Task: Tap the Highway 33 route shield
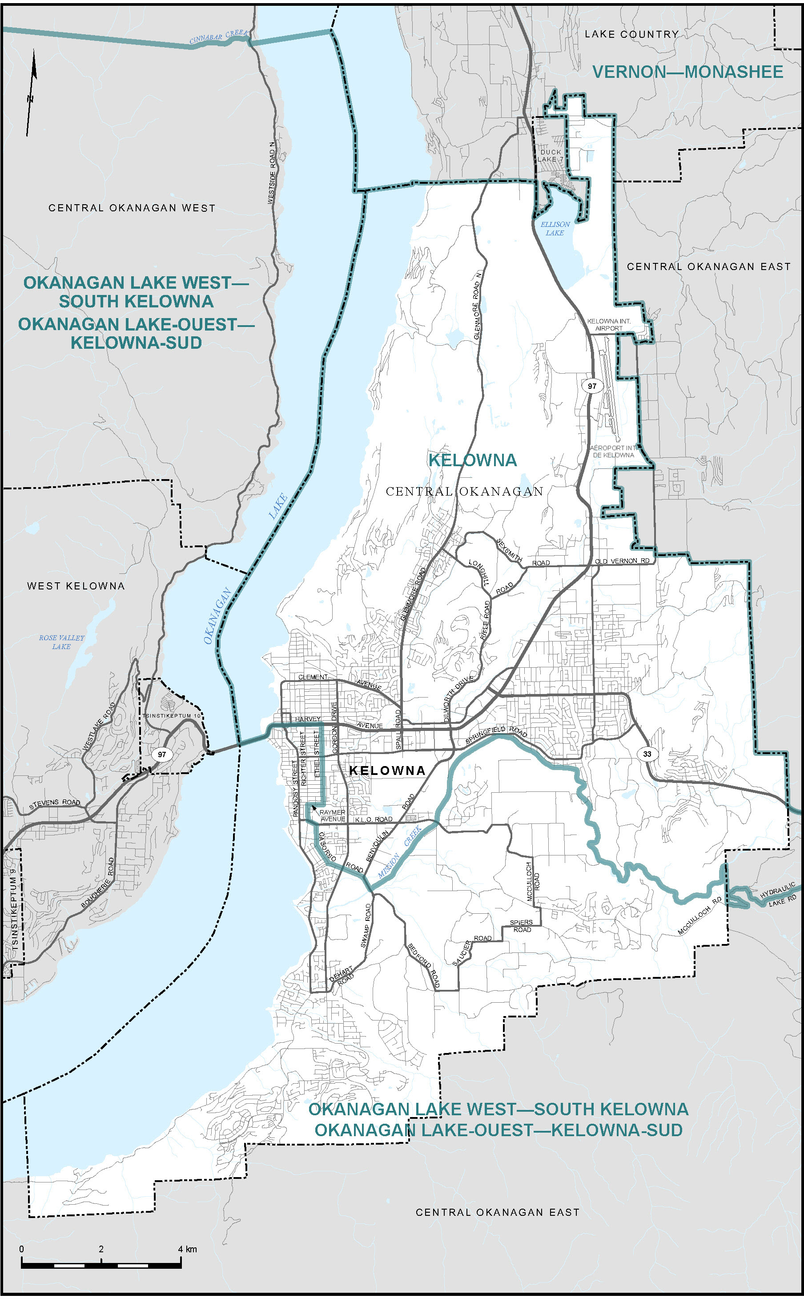647,754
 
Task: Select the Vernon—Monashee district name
687,72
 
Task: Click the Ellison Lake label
555,228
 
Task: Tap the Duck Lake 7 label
550,155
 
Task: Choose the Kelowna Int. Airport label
608,324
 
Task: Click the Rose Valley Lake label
61,641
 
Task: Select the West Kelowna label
76,586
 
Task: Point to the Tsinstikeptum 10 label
171,716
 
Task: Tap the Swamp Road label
366,925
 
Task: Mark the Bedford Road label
423,966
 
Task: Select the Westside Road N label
272,173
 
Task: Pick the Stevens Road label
54,804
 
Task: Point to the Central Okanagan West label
132,208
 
